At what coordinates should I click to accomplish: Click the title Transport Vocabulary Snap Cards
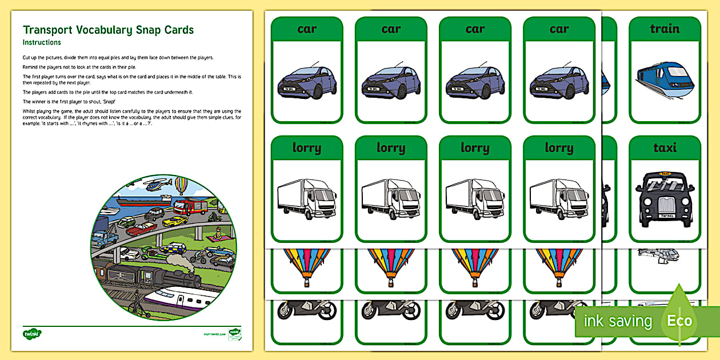[108, 30]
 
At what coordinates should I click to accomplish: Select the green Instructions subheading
[42, 43]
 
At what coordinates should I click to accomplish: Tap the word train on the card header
[665, 29]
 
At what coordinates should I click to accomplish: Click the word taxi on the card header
[665, 147]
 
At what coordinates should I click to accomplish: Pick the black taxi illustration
[665, 197]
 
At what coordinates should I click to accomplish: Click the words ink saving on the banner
[618, 321]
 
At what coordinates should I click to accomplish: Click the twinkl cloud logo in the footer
[30, 333]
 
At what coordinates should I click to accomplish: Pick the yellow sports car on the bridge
[174, 221]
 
